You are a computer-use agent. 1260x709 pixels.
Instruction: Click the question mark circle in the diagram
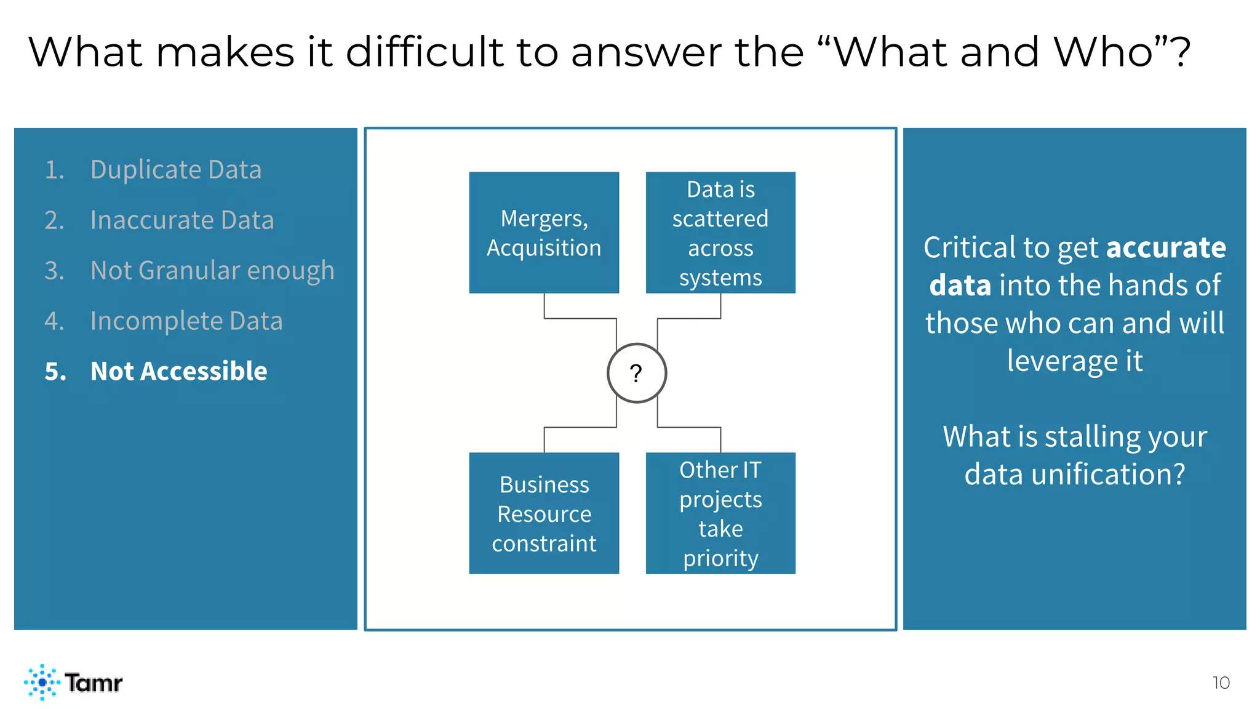tap(637, 373)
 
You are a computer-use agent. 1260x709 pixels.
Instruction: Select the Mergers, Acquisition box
tap(544, 233)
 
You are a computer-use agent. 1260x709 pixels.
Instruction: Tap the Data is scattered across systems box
tap(720, 233)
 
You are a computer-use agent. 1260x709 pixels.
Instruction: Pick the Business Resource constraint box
tap(544, 513)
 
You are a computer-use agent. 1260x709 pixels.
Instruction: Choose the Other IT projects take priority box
tap(720, 513)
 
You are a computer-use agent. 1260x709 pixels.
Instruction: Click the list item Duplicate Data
tap(176, 169)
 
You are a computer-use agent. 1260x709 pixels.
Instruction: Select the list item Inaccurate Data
tap(182, 220)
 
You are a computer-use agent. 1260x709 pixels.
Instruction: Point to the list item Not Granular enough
tap(212, 270)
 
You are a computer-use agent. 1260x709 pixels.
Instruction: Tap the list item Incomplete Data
tap(186, 321)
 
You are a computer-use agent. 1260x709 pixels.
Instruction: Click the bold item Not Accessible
tap(178, 371)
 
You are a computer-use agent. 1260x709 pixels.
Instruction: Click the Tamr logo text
tap(94, 683)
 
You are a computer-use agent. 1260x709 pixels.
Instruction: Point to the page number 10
tap(1221, 683)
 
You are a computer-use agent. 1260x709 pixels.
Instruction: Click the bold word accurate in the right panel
tap(1166, 247)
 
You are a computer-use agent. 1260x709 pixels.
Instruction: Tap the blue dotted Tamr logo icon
tap(42, 682)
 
